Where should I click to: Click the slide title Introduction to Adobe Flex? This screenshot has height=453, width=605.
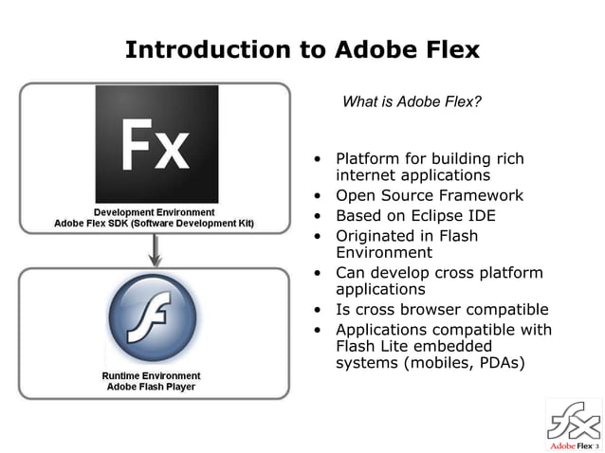click(x=302, y=48)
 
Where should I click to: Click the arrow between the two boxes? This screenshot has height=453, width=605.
click(x=155, y=251)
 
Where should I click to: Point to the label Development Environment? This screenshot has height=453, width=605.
click(x=154, y=210)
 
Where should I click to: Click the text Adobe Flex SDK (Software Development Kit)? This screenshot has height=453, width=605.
click(x=154, y=224)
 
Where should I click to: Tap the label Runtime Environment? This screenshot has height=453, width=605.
click(x=152, y=375)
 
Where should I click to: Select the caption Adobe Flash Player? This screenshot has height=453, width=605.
click(x=152, y=389)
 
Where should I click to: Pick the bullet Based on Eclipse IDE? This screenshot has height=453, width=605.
click(x=415, y=216)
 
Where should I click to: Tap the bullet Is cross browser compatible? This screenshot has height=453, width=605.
click(x=442, y=310)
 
